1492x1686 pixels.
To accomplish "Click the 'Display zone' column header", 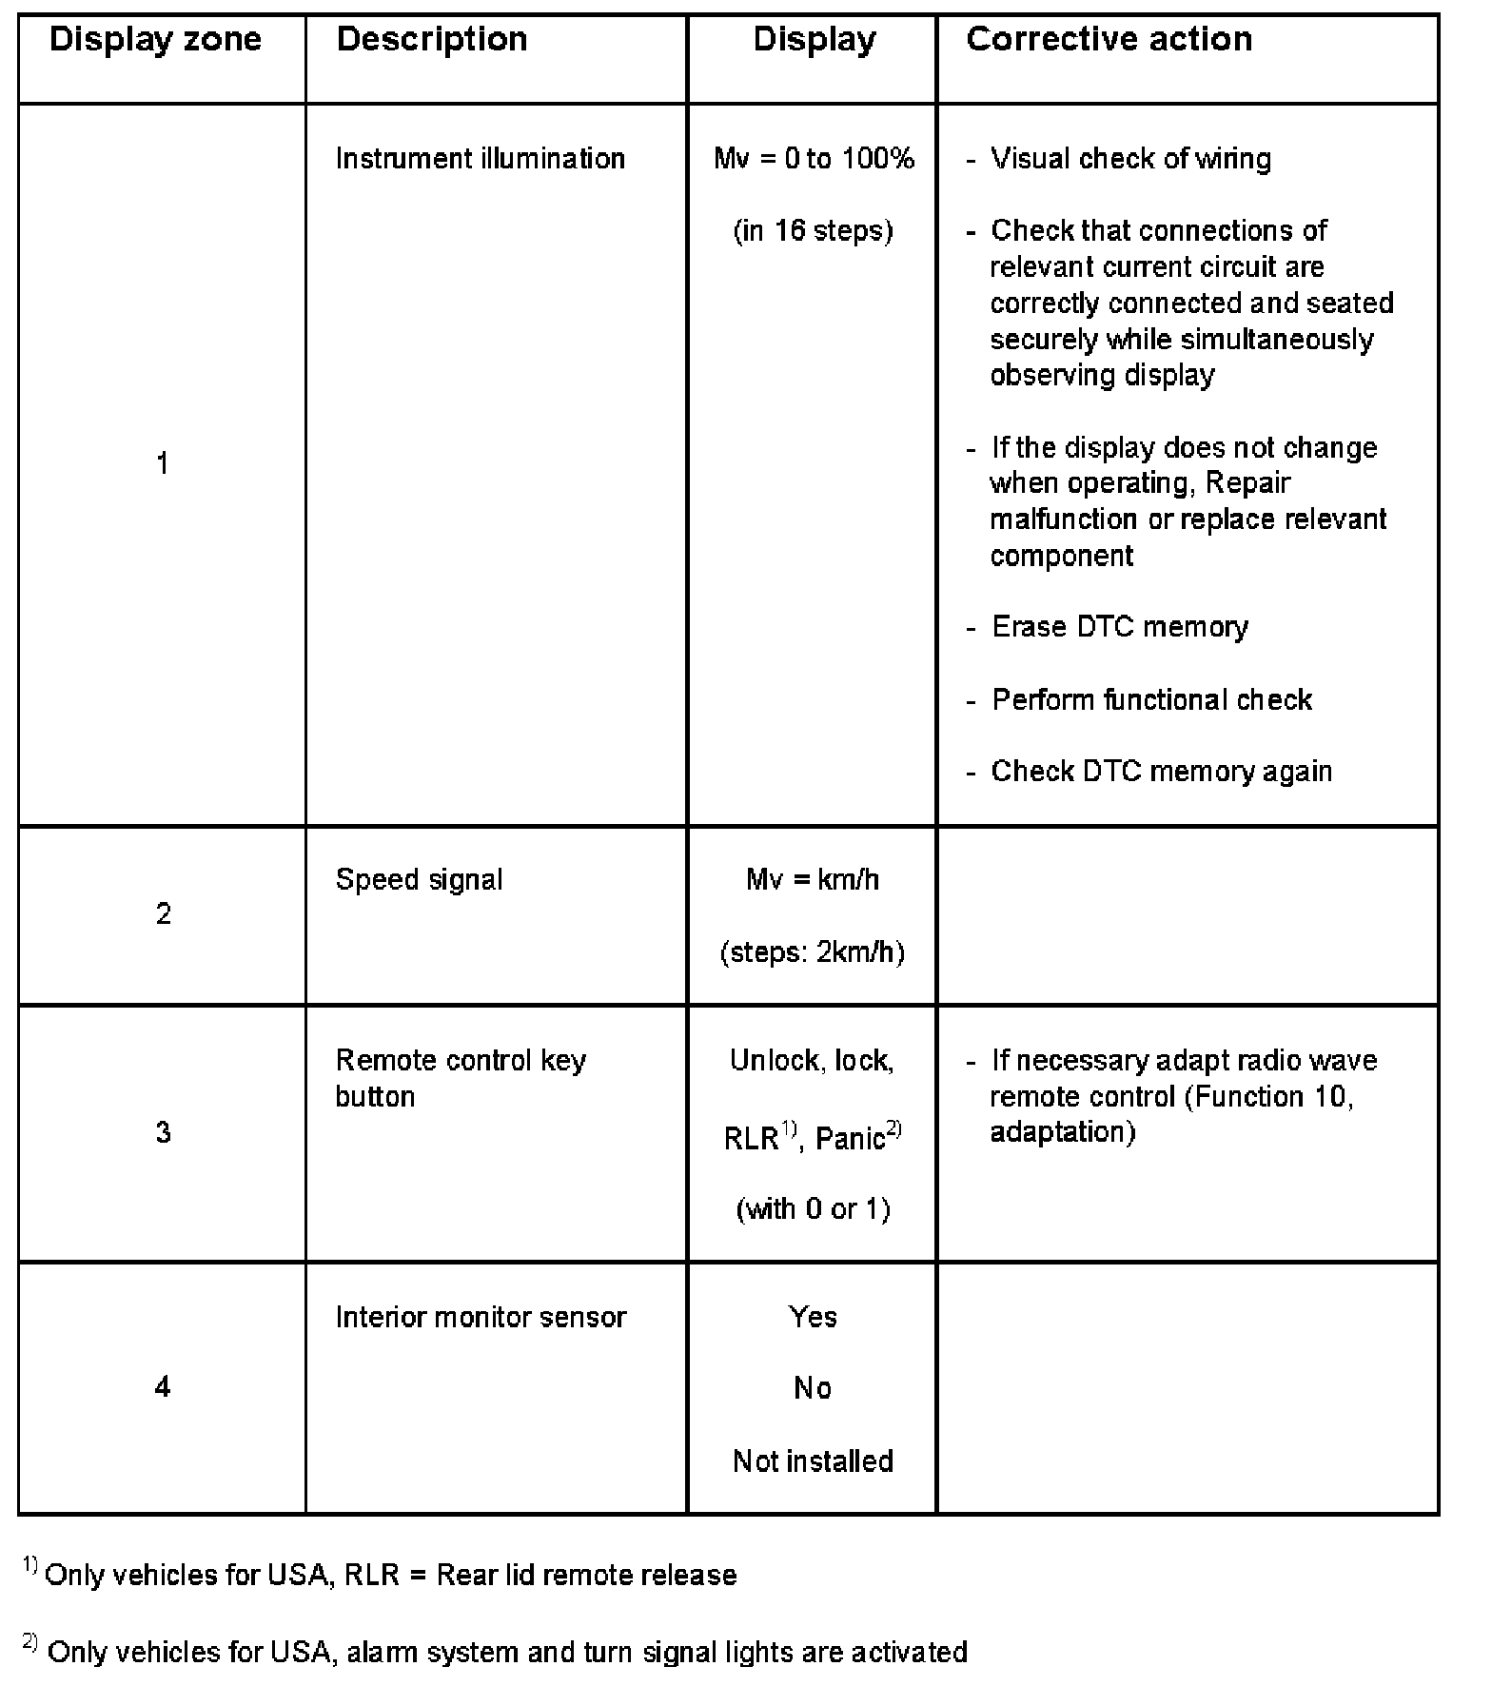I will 155,40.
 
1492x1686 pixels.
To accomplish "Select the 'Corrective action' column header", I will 1109,40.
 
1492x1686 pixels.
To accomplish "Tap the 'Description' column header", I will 432,40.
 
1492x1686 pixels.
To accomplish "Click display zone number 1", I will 163,464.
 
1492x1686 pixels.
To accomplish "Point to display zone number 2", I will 163,914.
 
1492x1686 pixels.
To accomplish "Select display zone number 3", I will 163,1132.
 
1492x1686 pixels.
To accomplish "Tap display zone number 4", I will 163,1387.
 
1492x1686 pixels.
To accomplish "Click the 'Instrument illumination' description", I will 480,158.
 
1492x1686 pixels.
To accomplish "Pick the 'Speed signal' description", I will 419,879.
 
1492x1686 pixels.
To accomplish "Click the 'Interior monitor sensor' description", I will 481,1317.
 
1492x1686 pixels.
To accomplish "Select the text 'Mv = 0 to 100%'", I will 814,158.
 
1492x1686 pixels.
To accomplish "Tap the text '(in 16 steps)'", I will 813,230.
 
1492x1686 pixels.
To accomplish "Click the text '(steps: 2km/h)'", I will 813,951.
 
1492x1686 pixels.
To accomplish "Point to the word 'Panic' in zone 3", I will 850,1138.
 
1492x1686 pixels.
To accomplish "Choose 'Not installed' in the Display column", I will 813,1461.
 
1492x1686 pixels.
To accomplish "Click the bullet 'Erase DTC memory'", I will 1119,627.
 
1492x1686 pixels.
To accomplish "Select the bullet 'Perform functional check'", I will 1151,700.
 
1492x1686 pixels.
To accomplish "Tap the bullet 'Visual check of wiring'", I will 1130,158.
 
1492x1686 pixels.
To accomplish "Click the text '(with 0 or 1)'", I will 813,1208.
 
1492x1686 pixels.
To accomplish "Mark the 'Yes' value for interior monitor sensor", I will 813,1317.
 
